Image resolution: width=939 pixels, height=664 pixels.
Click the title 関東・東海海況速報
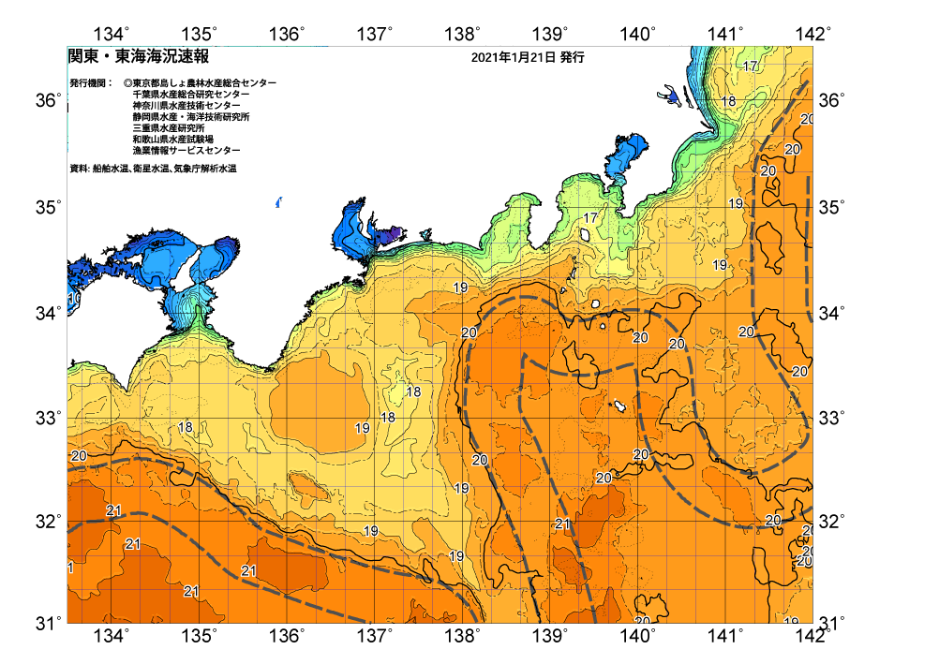(138, 57)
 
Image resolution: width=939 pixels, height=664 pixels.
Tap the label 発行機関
(91, 83)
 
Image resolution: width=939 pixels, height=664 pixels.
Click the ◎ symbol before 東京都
(127, 83)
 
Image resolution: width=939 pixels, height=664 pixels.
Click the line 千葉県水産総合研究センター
(191, 95)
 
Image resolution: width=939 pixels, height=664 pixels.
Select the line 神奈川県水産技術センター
(186, 106)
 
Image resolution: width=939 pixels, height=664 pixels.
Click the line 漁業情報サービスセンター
(186, 151)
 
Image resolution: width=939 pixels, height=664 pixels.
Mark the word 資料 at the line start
(79, 169)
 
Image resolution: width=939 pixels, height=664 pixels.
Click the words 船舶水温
(111, 169)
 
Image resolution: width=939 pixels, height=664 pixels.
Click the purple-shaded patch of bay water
(395, 233)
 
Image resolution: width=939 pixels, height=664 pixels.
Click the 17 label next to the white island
(589, 218)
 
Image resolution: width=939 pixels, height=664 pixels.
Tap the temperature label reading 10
(72, 299)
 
